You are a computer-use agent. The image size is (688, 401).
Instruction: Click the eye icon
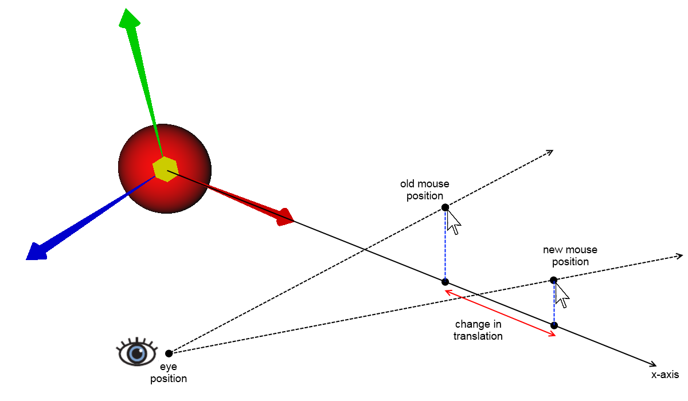pyautogui.click(x=137, y=352)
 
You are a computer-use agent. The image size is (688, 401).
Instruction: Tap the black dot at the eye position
pyautogui.click(x=169, y=353)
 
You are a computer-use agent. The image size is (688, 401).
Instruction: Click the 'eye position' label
pyautogui.click(x=169, y=373)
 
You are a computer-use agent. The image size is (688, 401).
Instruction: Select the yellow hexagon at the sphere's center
pyautogui.click(x=166, y=168)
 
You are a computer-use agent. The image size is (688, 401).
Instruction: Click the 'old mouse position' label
pyautogui.click(x=425, y=190)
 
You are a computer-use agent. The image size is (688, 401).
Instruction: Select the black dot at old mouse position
pyautogui.click(x=445, y=207)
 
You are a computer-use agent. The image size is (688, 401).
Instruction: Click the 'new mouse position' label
pyautogui.click(x=570, y=255)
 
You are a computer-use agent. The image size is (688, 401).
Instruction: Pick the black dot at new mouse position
pyautogui.click(x=553, y=280)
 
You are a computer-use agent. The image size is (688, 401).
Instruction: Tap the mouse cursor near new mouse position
pyautogui.click(x=562, y=296)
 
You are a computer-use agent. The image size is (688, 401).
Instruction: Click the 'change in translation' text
pyautogui.click(x=478, y=330)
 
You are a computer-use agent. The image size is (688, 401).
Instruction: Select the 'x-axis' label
pyautogui.click(x=664, y=375)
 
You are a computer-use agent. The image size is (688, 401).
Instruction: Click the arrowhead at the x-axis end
pyautogui.click(x=654, y=364)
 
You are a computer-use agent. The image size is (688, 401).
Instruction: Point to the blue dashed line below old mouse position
pyautogui.click(x=445, y=245)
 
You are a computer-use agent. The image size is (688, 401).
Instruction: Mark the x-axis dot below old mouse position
pyautogui.click(x=445, y=282)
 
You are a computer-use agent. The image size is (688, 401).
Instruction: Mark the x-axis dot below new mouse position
pyautogui.click(x=554, y=325)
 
